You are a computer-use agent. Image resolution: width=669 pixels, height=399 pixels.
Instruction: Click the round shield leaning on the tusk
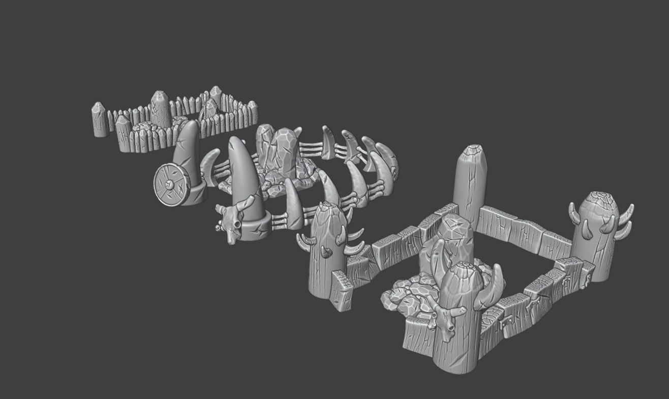(172, 185)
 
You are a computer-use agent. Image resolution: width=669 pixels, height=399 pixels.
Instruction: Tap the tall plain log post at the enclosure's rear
(470, 186)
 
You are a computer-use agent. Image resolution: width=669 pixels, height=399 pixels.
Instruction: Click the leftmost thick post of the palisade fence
(99, 120)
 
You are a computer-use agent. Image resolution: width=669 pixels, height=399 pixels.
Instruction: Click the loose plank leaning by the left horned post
(341, 290)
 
